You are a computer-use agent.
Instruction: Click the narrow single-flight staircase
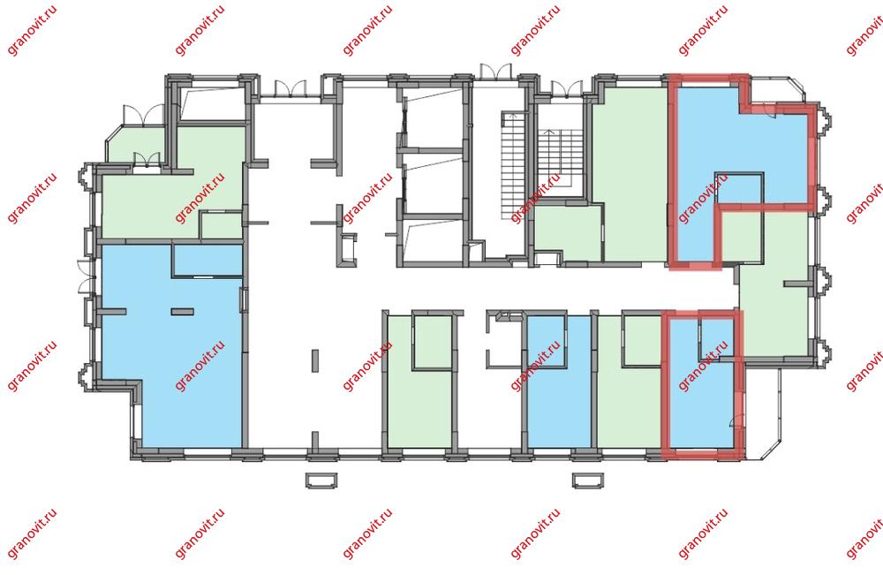tap(512, 166)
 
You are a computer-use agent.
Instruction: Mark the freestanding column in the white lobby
tap(315, 361)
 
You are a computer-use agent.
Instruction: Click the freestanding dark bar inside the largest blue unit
tap(182, 312)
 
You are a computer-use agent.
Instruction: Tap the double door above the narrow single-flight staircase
tap(495, 72)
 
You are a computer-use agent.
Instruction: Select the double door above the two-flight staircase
tap(567, 88)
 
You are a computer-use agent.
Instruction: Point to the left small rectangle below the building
tap(321, 480)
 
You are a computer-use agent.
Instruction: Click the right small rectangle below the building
tap(588, 480)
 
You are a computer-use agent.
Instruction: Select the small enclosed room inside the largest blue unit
tap(208, 260)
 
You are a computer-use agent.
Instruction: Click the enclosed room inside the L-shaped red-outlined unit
tap(739, 189)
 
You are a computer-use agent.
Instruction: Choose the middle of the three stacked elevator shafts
tap(432, 183)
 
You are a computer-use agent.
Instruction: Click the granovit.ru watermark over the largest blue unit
tap(200, 366)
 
